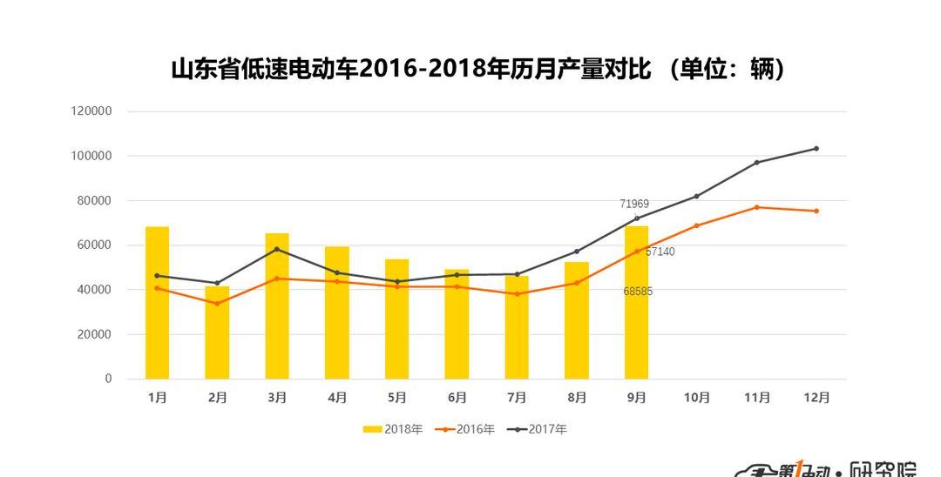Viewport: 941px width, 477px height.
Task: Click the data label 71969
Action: point(634,205)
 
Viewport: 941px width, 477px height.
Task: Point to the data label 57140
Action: point(660,252)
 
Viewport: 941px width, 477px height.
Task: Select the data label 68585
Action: point(638,292)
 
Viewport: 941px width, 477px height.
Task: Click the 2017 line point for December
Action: point(816,148)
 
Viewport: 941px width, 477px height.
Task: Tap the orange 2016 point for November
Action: point(756,207)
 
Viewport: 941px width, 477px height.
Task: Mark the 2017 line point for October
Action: point(696,196)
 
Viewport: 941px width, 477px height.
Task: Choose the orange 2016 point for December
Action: point(816,211)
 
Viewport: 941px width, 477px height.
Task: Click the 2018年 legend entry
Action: point(393,429)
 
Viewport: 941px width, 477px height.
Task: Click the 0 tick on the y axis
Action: point(108,379)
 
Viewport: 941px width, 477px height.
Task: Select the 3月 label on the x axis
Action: point(277,398)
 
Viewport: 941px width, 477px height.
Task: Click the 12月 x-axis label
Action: point(816,398)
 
